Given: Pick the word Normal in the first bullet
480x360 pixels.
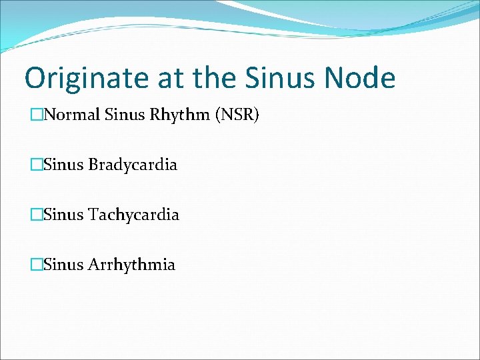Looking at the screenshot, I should click(71, 115).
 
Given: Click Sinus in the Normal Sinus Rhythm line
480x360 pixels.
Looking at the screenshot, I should click(120, 115).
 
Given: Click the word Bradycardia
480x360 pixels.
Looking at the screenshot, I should click(133, 165).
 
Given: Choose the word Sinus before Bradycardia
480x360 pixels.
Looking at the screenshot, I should click(63, 165).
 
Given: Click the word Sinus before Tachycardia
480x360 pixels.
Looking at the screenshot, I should click(63, 215).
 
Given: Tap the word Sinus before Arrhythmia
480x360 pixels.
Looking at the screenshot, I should click(63, 265).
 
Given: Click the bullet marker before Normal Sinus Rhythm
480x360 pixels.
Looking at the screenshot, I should click(36, 116).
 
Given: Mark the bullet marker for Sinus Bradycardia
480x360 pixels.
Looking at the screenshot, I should click(36, 165).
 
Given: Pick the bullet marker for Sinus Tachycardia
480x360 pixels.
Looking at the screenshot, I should click(36, 215).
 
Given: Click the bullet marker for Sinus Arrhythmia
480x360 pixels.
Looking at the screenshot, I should click(36, 265).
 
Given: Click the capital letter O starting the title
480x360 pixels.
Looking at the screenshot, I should click(35, 79).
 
